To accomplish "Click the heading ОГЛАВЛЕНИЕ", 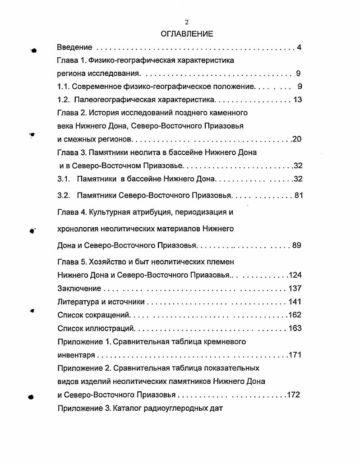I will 187,34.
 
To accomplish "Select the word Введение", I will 75,47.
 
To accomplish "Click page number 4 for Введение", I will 299,47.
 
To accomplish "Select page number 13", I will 297,100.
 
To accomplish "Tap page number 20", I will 297,139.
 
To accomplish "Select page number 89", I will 296,246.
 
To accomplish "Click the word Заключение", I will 80,289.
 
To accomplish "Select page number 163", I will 295,328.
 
